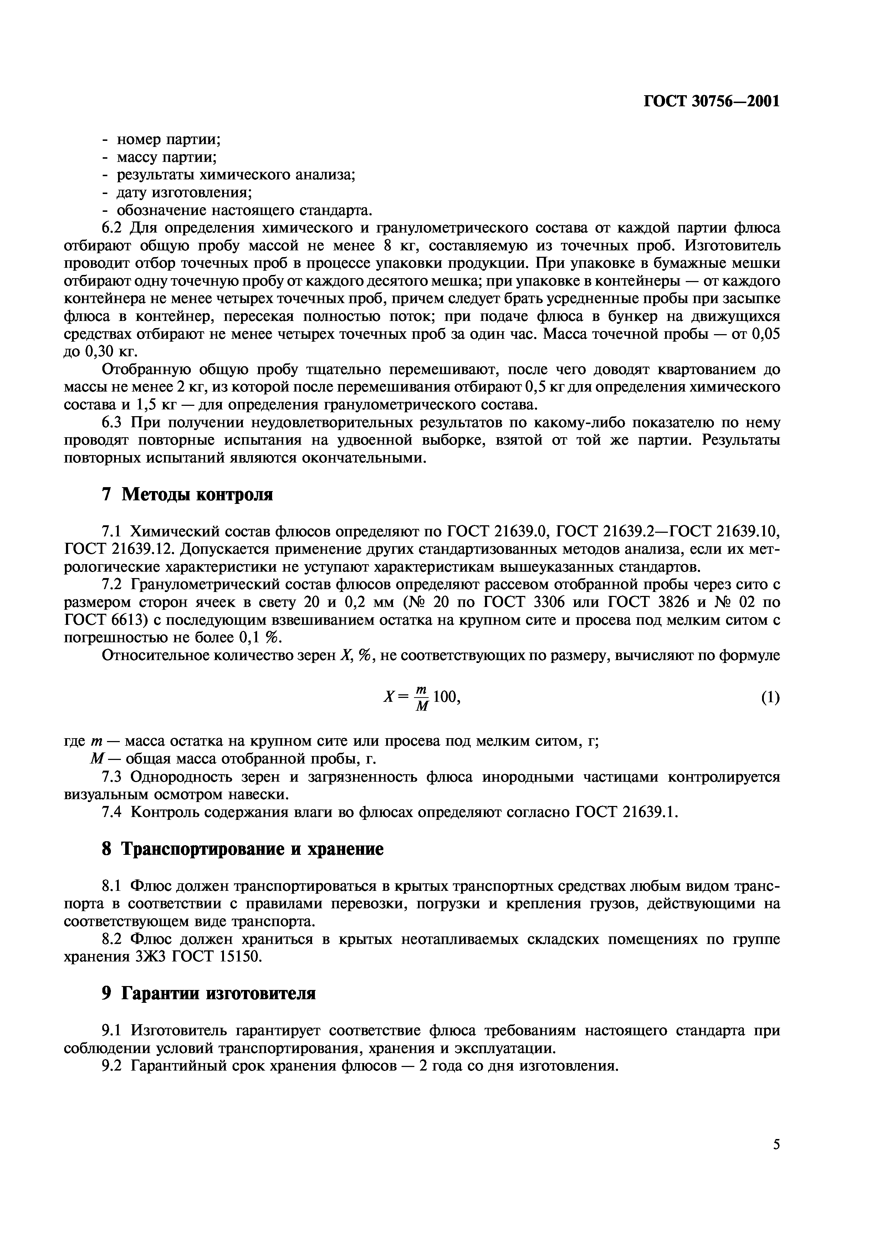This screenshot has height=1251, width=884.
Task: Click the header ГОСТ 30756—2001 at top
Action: (712, 101)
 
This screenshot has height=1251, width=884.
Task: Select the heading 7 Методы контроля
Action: (187, 494)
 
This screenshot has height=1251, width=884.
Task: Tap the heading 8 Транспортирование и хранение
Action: (243, 849)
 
